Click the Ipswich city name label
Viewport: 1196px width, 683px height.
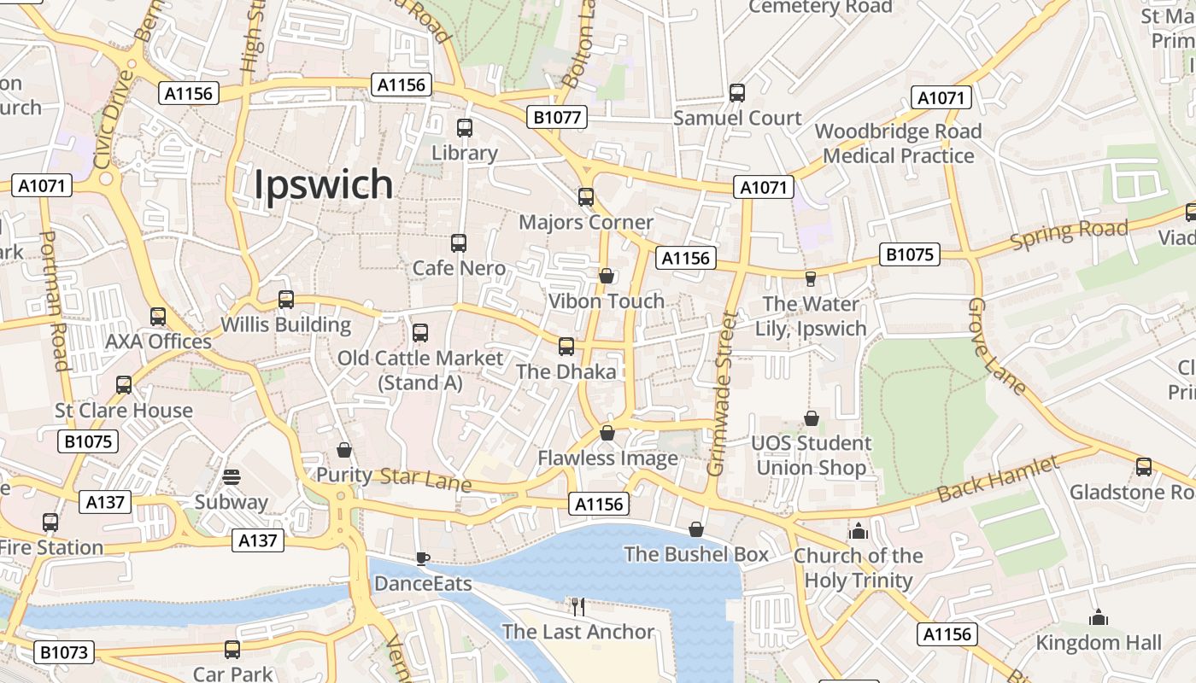324,184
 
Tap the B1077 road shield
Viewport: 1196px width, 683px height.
557,117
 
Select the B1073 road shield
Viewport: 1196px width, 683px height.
64,653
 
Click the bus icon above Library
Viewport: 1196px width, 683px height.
465,128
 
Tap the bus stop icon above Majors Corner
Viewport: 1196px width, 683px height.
586,197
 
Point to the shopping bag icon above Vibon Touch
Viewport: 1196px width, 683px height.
606,276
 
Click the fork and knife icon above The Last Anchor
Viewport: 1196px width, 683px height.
578,607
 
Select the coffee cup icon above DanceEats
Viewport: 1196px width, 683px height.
422,558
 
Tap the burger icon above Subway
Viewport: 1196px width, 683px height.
231,476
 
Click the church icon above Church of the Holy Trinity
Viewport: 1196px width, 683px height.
859,531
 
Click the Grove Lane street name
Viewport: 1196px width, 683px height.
997,347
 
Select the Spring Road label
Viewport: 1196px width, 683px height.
1069,234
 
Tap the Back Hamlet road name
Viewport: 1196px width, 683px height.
998,480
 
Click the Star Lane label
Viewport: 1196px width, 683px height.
425,480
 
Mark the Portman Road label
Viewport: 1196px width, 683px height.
54,301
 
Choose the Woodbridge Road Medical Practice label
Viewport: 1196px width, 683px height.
898,143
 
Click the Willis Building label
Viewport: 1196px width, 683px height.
285,325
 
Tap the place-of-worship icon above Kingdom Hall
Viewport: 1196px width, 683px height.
1099,617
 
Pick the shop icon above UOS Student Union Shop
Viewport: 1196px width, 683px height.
812,418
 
